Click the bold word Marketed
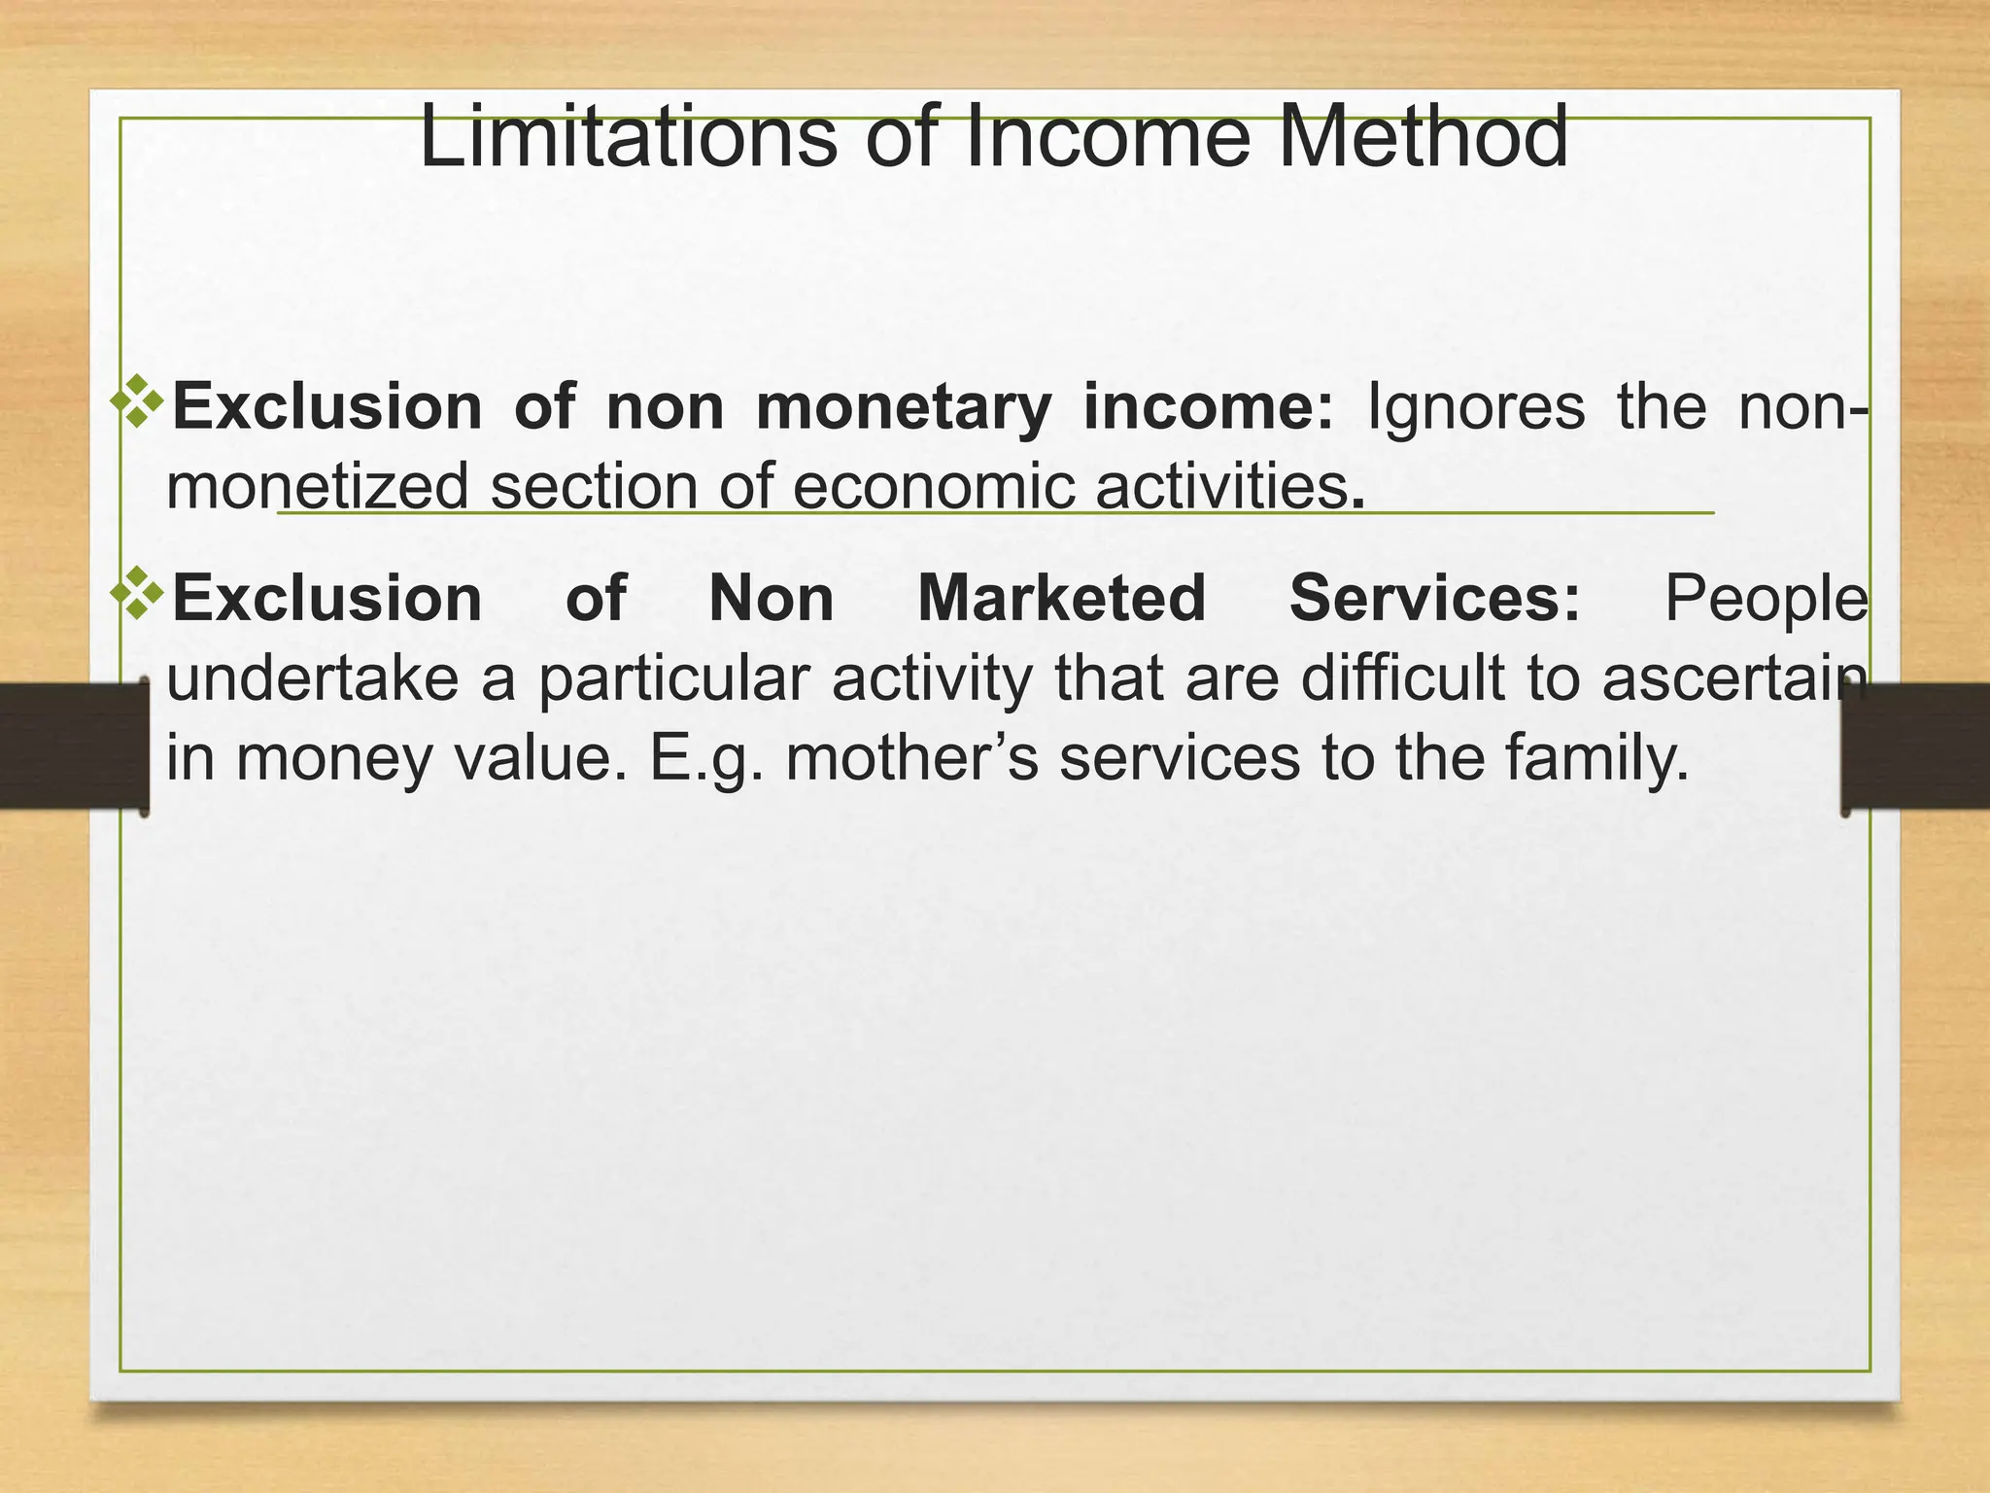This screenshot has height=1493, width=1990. pos(1061,598)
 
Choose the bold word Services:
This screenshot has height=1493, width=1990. pos(1434,598)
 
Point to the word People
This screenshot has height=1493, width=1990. pos(1766,598)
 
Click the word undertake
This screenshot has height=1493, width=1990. pos(312,677)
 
